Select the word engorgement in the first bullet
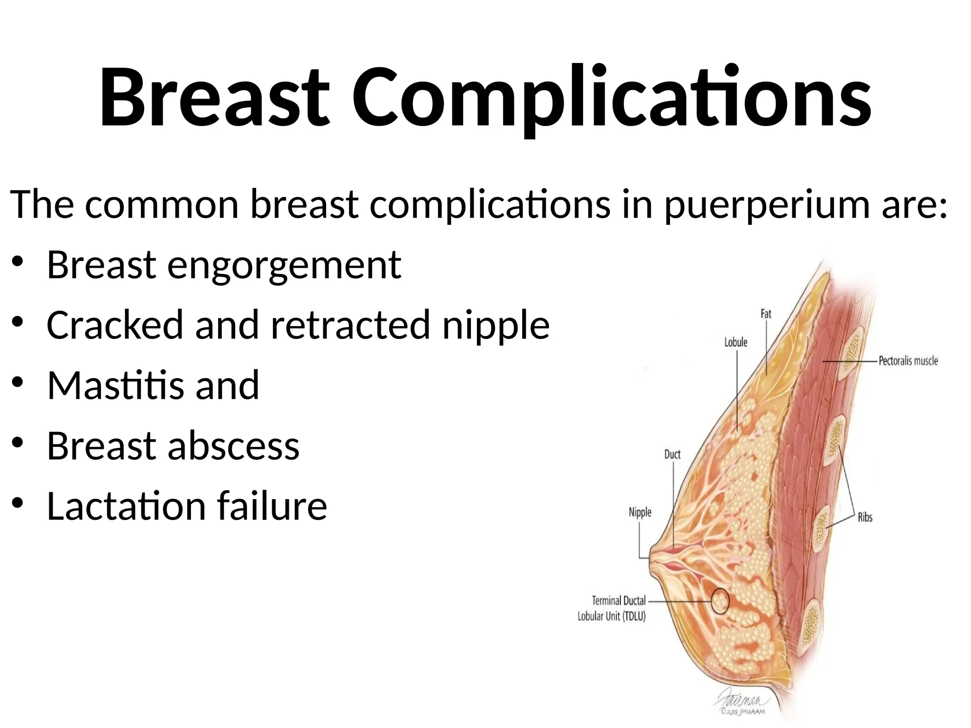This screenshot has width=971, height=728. (284, 265)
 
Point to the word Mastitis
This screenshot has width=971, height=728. (113, 386)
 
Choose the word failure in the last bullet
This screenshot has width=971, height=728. (272, 506)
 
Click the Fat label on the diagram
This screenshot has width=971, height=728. (766, 314)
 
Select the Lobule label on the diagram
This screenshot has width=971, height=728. (735, 342)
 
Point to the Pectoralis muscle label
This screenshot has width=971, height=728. (908, 361)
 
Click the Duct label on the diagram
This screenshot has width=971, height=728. (672, 455)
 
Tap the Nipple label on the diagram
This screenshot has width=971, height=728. (640, 512)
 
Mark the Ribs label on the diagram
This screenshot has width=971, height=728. (865, 518)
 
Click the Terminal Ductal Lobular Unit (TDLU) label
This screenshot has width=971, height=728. (612, 609)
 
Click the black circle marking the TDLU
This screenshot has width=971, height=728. (720, 601)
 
